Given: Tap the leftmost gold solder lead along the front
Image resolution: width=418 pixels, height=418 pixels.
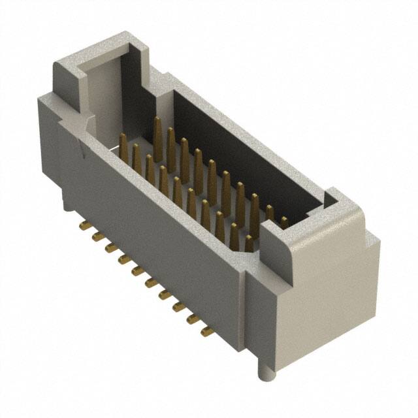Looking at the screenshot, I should coord(84,226).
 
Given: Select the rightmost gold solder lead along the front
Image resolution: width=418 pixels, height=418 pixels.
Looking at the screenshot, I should coord(206,331).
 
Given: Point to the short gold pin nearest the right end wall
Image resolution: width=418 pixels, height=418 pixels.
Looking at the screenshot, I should coord(284,222).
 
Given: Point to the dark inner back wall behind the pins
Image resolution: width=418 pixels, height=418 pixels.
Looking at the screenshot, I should coord(248,150).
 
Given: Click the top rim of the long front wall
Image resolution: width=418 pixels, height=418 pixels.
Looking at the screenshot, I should coord(176,189).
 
